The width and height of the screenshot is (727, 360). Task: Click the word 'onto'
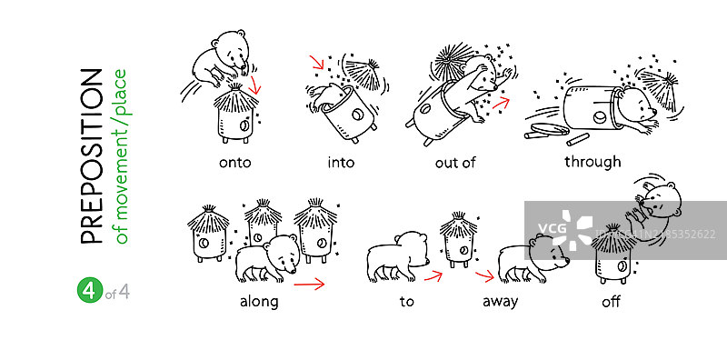tap(234, 163)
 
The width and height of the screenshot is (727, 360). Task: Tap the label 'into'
tap(341, 163)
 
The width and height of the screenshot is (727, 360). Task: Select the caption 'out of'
tap(455, 163)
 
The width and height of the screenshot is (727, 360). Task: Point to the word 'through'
tap(593, 162)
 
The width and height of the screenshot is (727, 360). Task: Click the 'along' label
tap(259, 302)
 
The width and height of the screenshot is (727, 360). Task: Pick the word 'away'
tap(501, 302)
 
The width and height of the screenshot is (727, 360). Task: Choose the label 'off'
tap(611, 302)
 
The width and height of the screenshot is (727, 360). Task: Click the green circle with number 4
tap(89, 291)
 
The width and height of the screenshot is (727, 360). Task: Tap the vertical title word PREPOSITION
tap(91, 156)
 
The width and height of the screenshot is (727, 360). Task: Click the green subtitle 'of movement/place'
tap(120, 156)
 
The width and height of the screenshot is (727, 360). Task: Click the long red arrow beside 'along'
tap(309, 283)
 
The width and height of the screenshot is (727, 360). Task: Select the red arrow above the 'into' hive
tap(317, 62)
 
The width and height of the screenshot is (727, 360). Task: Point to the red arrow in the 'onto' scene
tap(255, 85)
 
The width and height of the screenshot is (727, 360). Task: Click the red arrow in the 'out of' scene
tap(501, 104)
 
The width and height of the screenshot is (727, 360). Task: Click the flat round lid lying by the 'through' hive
tap(550, 128)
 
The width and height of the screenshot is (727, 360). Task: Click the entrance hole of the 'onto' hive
tap(244, 125)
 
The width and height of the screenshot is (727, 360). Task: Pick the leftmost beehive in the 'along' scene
tap(208, 232)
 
